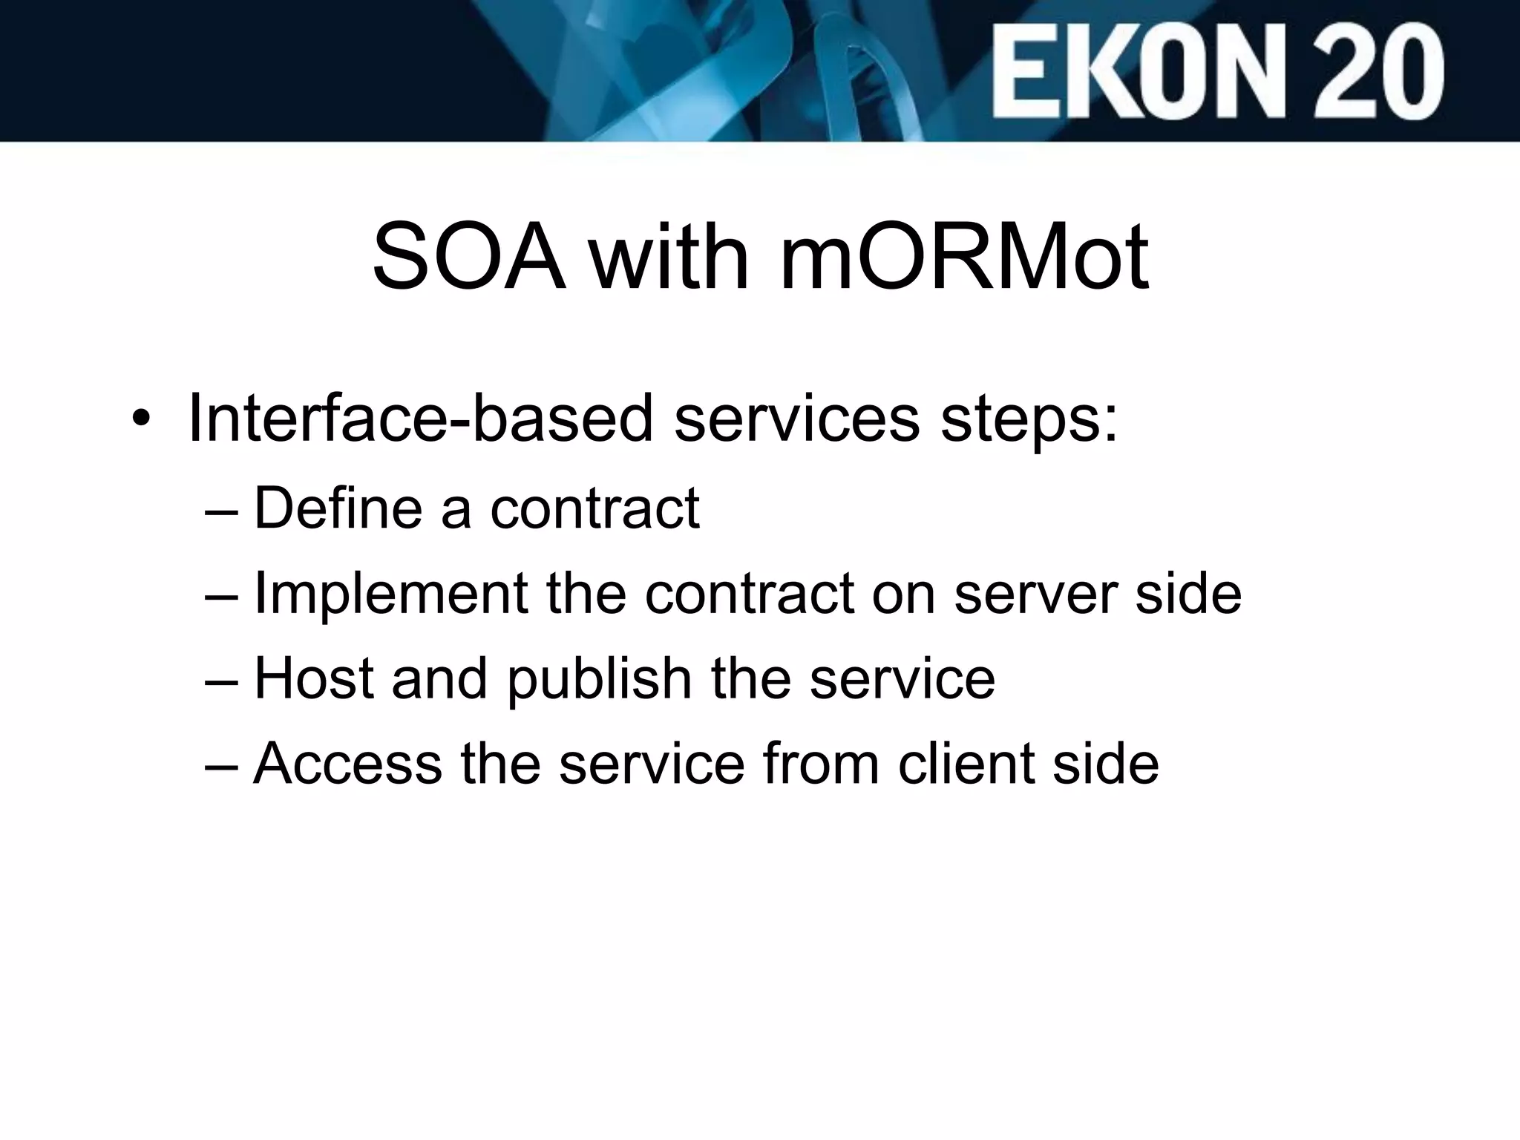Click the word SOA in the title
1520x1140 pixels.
468,257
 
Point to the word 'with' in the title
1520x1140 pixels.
669,257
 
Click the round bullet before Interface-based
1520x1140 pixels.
140,419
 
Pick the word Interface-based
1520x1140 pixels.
420,419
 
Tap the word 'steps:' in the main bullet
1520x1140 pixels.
1029,419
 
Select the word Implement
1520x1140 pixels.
390,594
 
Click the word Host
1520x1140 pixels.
313,678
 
